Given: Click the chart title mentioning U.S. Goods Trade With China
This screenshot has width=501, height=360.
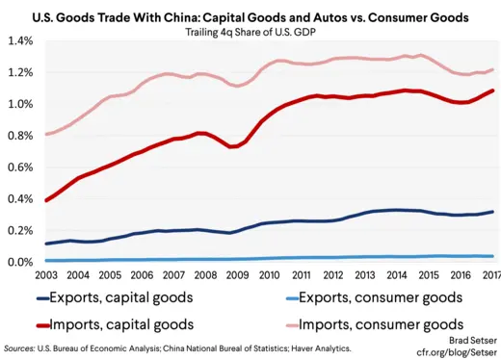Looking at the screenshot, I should click(x=250, y=16).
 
